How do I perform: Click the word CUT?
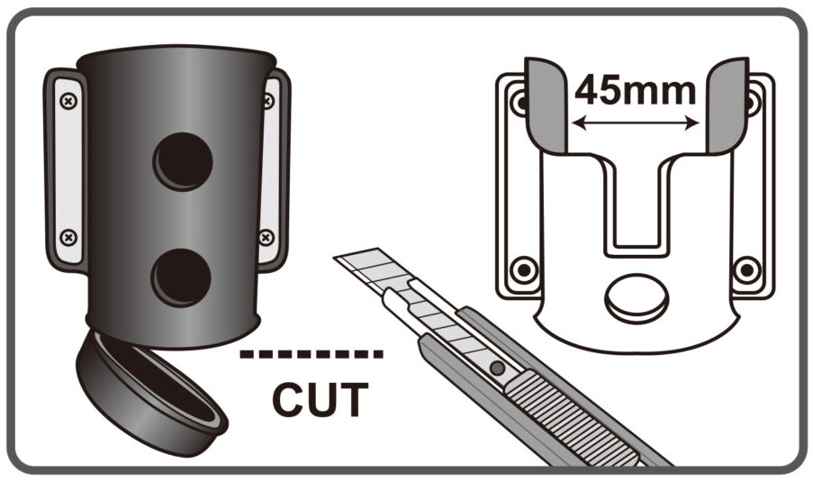(320, 398)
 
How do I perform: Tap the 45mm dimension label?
(635, 90)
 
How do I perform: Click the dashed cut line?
(312, 354)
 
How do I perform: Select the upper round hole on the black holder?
(183, 161)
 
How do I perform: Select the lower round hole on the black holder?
(181, 277)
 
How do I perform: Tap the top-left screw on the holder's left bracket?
(69, 101)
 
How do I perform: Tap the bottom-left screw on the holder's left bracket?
(68, 238)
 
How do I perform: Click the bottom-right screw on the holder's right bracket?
(266, 238)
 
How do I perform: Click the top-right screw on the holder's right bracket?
(268, 101)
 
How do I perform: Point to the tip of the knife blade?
(334, 258)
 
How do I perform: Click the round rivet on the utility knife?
(497, 368)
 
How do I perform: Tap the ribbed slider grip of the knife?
(570, 418)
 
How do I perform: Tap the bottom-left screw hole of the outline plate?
(524, 269)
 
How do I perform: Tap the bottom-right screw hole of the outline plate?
(747, 269)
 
